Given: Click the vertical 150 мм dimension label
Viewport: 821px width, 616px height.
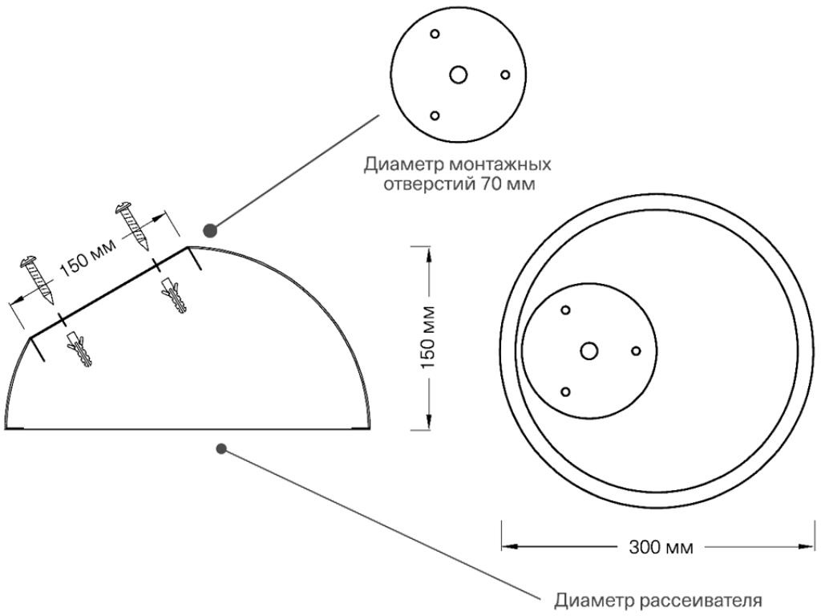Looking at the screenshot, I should click(429, 338).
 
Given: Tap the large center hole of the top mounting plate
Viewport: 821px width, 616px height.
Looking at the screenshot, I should click(459, 75).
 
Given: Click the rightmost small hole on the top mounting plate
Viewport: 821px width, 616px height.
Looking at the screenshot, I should click(505, 75).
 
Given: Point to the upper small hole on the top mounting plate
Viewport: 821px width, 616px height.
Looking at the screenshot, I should click(435, 34).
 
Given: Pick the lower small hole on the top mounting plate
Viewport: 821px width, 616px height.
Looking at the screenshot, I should click(435, 115).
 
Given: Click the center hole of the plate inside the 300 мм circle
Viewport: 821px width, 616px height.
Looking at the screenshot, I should click(589, 351).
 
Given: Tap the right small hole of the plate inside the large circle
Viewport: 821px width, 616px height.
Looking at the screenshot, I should click(636, 351).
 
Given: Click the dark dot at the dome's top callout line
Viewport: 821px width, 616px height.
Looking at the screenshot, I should click(210, 231).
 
